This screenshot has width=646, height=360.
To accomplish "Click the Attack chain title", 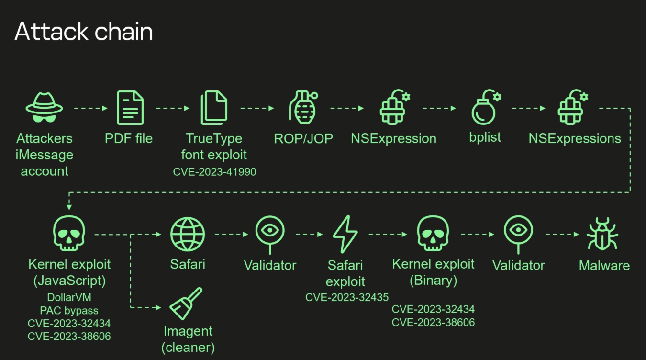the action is (84, 32).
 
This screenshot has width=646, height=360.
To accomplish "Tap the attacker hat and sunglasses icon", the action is (44, 107).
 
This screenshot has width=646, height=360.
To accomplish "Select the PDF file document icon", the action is (130, 108).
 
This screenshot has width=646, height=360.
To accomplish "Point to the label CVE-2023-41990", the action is (214, 172).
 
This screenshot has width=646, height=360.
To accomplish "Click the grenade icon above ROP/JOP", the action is (303, 107).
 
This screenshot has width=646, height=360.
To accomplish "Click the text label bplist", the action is (485, 137).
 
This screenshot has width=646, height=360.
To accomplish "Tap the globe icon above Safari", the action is (188, 234).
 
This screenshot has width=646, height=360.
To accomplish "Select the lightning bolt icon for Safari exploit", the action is (345, 234).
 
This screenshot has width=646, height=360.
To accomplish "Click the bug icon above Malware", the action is (602, 234).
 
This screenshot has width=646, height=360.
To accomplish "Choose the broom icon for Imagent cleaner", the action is (186, 304).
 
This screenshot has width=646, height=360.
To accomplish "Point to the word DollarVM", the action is (69, 297).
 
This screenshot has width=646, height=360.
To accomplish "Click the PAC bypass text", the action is (69, 310).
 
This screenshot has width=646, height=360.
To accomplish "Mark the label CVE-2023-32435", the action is (347, 297).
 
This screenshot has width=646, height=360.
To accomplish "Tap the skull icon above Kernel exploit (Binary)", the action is (433, 233).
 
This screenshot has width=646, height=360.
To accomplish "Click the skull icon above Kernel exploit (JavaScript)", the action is (69, 233).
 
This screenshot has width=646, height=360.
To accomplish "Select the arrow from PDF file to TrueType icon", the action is (173, 108).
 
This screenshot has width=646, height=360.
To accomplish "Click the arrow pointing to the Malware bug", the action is (562, 234).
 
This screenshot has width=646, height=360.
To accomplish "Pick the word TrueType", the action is (214, 138).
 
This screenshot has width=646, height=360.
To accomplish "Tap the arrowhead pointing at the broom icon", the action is (158, 307).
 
